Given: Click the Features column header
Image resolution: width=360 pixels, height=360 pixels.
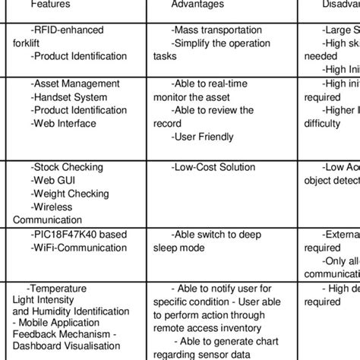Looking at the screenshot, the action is [52, 5].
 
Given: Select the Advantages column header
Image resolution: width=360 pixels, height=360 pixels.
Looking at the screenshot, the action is [197, 5].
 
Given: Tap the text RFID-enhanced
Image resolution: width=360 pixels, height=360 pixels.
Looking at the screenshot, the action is [65, 30].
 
